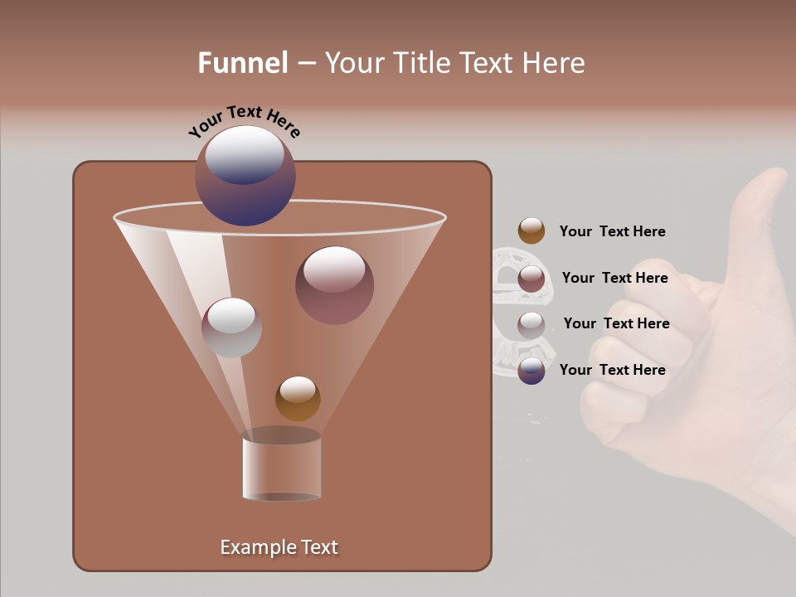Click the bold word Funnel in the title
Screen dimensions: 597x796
[243, 63]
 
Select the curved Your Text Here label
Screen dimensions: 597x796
[245, 120]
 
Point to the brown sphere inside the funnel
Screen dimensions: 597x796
[298, 399]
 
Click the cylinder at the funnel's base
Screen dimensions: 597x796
[282, 468]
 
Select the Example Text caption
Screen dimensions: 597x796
[279, 547]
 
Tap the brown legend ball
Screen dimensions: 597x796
[531, 231]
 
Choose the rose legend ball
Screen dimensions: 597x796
[531, 279]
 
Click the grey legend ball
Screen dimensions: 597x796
[531, 325]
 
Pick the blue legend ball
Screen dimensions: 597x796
[531, 371]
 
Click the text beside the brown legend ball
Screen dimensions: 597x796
[612, 232]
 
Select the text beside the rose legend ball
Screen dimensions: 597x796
[614, 278]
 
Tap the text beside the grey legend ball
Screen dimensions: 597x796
[616, 323]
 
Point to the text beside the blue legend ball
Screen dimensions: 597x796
[612, 370]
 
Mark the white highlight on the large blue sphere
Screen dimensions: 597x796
[245, 153]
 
